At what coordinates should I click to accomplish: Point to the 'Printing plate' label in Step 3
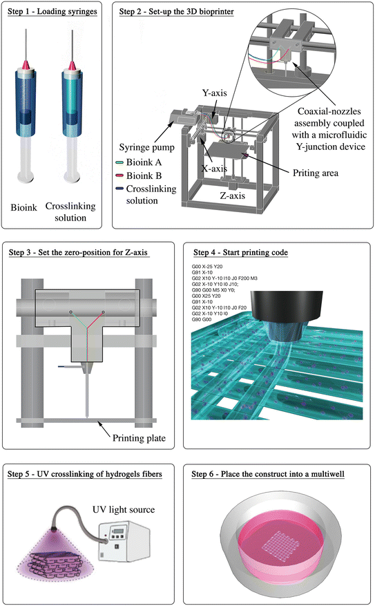[x=144, y=437]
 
